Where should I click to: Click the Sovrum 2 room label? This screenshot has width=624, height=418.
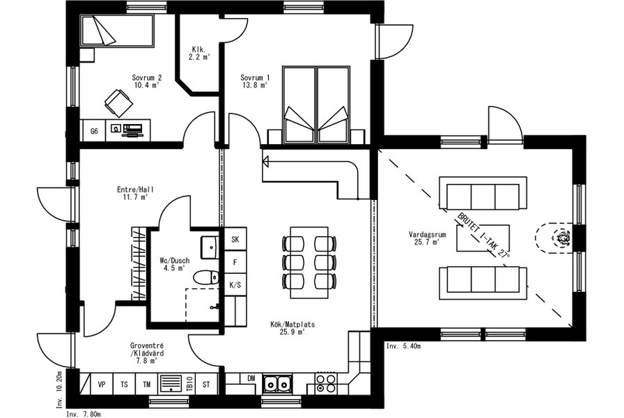click(x=147, y=82)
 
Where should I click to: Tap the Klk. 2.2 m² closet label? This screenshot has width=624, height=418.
click(x=199, y=53)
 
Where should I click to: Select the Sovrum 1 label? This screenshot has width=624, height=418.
click(x=255, y=82)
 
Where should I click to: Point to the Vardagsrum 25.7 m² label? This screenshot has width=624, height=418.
click(x=427, y=238)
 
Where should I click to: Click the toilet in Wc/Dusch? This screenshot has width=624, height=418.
click(x=206, y=277)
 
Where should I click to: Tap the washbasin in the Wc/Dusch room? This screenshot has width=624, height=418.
click(x=210, y=247)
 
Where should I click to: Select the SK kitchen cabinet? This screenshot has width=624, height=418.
click(x=235, y=239)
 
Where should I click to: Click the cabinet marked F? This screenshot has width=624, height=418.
click(x=235, y=262)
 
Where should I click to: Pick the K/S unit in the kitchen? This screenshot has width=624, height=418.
click(x=235, y=285)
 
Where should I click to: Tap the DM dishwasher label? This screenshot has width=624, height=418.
click(x=251, y=378)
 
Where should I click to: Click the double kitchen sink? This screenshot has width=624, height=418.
click(x=277, y=384)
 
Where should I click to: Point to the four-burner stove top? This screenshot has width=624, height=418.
click(x=326, y=384)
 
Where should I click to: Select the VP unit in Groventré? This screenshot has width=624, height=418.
click(x=102, y=384)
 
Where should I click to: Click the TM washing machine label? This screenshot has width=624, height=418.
click(x=147, y=385)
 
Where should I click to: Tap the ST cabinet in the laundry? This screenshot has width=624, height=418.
click(x=206, y=384)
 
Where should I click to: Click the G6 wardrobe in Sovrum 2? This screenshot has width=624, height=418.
click(x=94, y=130)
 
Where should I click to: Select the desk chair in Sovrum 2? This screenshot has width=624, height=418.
click(x=118, y=102)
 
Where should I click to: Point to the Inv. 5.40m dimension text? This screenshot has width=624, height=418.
click(x=403, y=346)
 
